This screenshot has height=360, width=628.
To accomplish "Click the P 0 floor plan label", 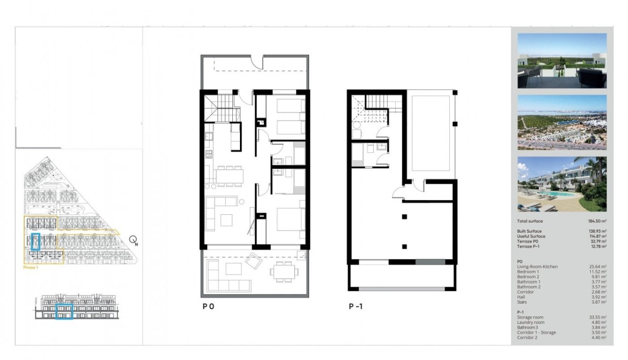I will (x=208, y=307).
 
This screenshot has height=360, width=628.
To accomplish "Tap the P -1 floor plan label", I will (x=355, y=307).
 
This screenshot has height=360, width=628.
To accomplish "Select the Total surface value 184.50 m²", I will (x=597, y=221).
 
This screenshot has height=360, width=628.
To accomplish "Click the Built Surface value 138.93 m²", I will (x=597, y=231).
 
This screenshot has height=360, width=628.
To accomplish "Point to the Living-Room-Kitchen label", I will (x=537, y=267).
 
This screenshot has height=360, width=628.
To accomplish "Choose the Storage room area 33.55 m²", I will (x=598, y=317).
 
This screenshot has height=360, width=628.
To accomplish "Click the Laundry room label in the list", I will (x=531, y=322).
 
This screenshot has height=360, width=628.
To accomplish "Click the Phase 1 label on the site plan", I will (x=31, y=268).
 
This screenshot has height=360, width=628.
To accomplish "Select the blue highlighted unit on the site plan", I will (x=35, y=241).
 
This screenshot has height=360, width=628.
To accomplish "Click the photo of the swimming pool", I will (x=562, y=184).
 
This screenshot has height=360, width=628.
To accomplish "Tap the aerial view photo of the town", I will (x=562, y=122).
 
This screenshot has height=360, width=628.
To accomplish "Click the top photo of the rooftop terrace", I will (x=562, y=60).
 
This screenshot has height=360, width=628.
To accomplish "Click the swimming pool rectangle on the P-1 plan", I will (x=430, y=133).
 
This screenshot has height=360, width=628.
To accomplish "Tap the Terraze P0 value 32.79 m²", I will (x=597, y=241).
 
